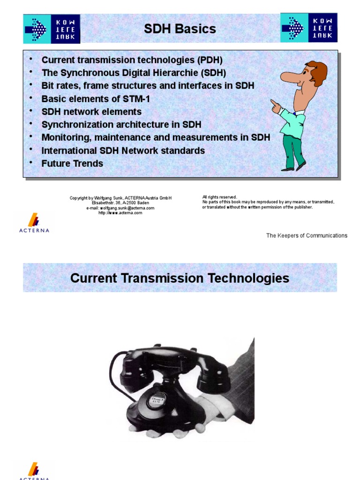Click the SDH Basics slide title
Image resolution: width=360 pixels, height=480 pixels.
click(x=180, y=29)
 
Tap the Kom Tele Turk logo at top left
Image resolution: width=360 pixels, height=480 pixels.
click(x=52, y=29)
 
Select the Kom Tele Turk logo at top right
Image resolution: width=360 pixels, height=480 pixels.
click(x=309, y=27)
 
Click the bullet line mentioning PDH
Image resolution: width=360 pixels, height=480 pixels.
click(x=132, y=60)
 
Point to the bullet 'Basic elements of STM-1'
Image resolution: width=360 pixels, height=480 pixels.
click(x=96, y=99)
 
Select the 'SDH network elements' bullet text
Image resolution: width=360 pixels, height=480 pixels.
click(x=91, y=112)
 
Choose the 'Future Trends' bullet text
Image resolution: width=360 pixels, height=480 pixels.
click(x=72, y=164)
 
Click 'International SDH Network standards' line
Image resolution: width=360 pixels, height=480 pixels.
click(x=123, y=150)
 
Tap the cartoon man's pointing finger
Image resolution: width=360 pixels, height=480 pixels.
click(x=273, y=102)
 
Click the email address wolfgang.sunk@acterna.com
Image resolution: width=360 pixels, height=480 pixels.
click(x=120, y=208)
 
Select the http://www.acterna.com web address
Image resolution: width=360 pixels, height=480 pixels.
click(x=120, y=213)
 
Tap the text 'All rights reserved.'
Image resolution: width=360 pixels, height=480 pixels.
click(x=220, y=197)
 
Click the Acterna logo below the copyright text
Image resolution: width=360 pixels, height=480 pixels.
click(x=34, y=223)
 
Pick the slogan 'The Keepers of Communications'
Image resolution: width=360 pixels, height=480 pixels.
click(x=307, y=235)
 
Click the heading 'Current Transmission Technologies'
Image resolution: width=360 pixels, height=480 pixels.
click(x=180, y=278)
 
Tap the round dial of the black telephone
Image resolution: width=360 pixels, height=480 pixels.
click(x=157, y=399)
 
